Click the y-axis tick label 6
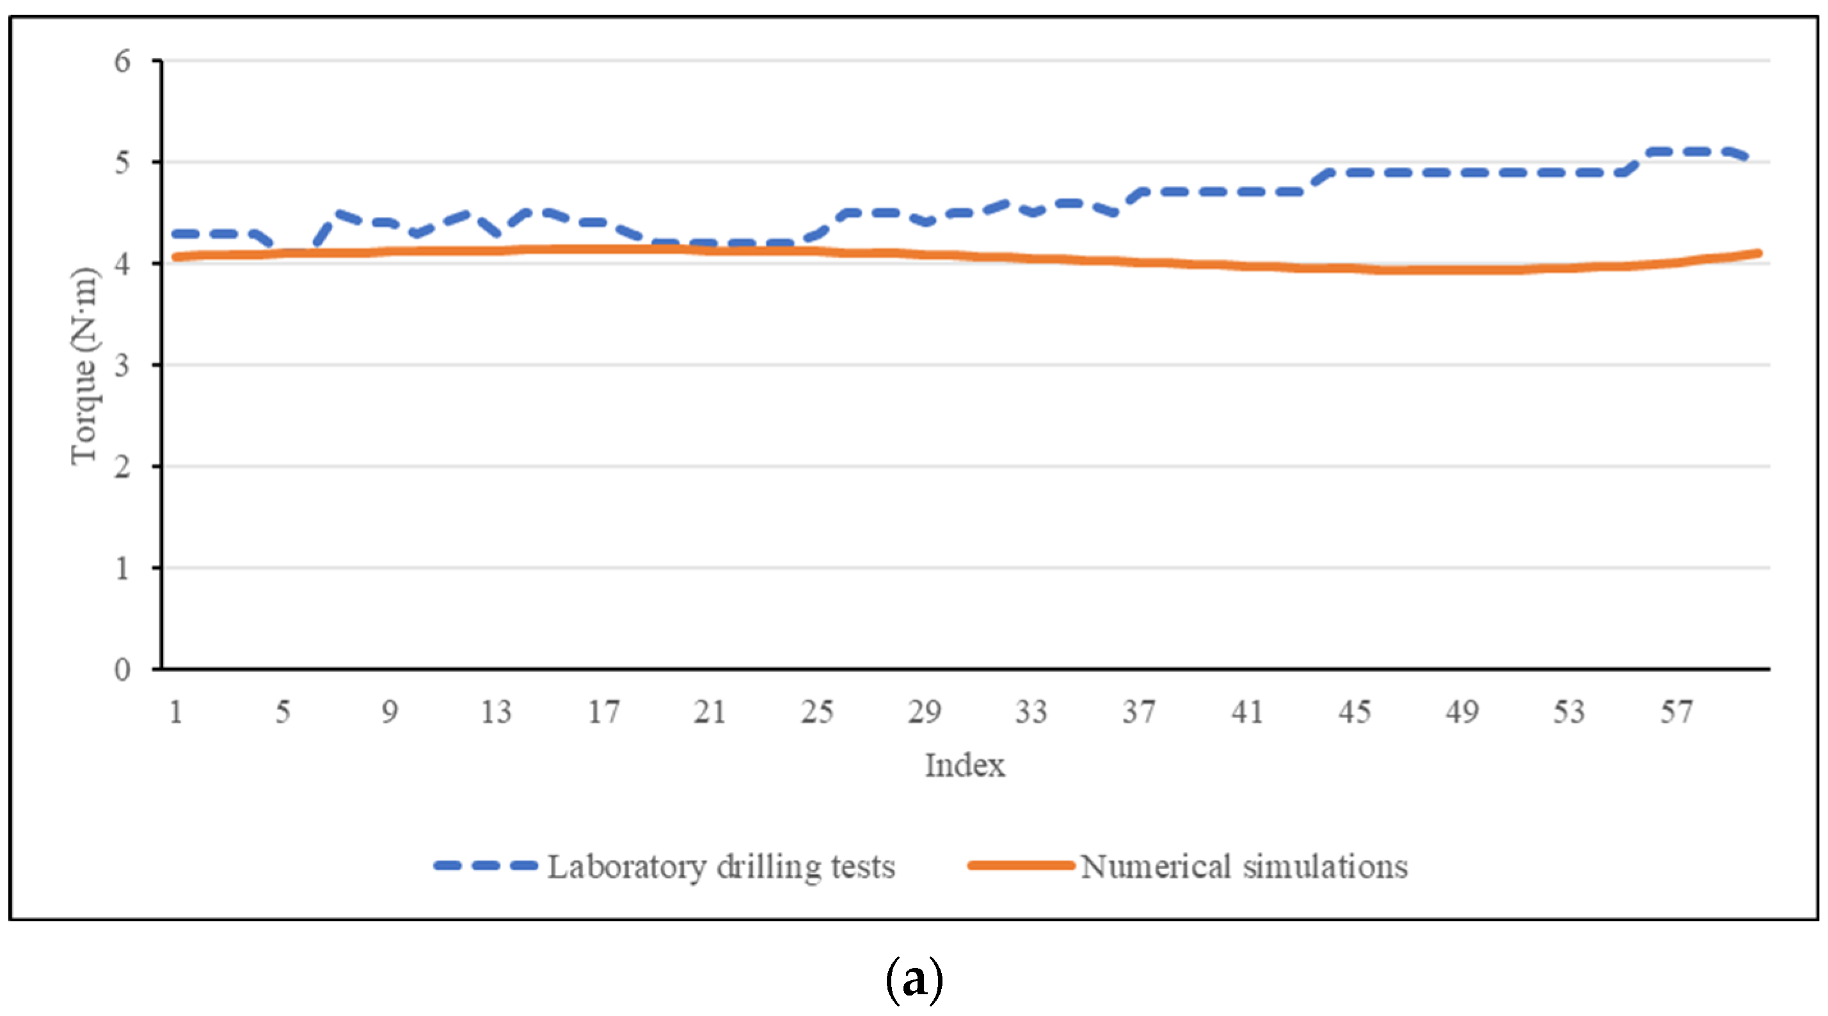(x=122, y=61)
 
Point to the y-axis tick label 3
(x=122, y=366)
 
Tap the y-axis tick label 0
(x=122, y=670)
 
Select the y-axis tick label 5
(x=122, y=163)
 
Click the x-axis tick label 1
(x=176, y=711)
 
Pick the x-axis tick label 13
(x=496, y=711)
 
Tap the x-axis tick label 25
(x=817, y=711)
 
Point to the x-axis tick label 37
(x=1138, y=711)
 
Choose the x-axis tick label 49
(x=1461, y=711)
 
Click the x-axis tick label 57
(x=1676, y=711)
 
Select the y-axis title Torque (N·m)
(x=84, y=366)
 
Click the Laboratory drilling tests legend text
(x=721, y=867)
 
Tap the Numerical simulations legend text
(x=1244, y=867)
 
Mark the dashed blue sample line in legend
(x=486, y=866)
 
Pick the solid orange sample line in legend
(x=1021, y=866)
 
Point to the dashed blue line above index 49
(x=1461, y=172)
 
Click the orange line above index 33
(x=1031, y=259)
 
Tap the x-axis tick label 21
(x=710, y=711)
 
